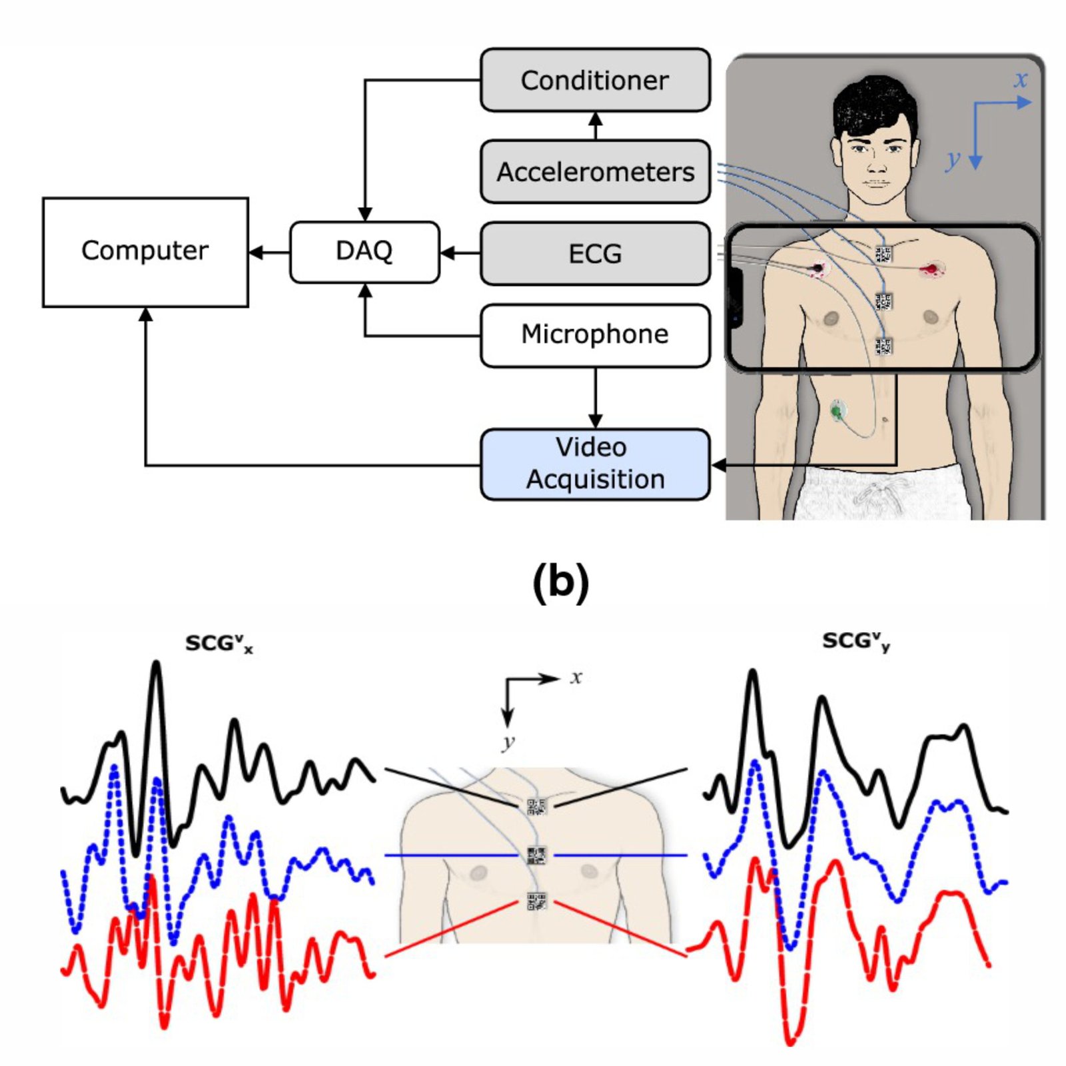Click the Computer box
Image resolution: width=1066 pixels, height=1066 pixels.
pos(145,252)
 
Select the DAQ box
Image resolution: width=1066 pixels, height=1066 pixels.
pos(364,252)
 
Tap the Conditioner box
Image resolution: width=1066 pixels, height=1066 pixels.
pos(595,80)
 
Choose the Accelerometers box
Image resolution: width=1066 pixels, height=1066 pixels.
pos(595,171)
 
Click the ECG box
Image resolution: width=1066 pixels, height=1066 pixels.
pos(595,253)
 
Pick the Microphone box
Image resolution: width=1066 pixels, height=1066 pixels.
pos(595,335)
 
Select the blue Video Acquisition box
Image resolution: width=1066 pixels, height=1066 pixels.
pos(595,464)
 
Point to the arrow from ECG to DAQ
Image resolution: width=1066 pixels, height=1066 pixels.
pos(460,253)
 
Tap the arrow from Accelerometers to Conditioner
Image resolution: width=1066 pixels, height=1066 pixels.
pos(596,125)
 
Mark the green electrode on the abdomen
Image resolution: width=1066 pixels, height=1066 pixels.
pos(837,410)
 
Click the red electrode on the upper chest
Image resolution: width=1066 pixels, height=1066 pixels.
pos(931,270)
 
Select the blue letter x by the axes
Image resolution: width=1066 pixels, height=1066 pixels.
pos(1020,79)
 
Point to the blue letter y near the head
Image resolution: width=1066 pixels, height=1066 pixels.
pos(953,159)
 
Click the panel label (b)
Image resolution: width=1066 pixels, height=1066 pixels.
pos(560,581)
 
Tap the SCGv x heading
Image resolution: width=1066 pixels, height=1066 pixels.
pos(219,644)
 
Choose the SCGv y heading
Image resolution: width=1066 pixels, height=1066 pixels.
pos(855,642)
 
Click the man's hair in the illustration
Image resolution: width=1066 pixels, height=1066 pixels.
pos(873,103)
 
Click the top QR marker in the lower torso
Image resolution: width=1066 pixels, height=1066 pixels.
pos(536,807)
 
